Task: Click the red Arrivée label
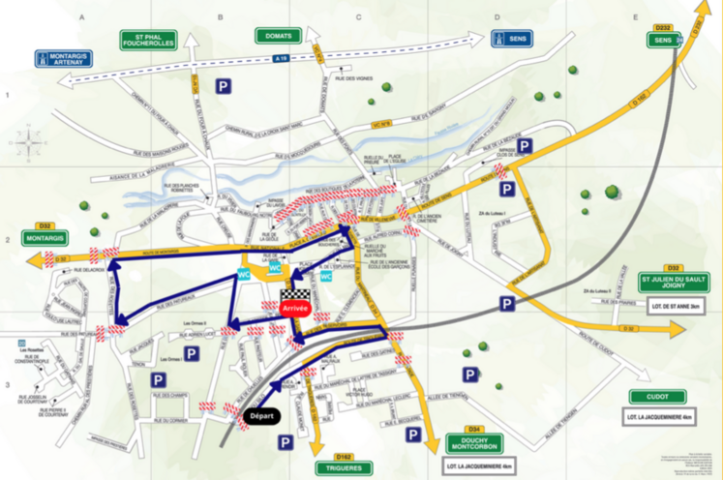click(x=294, y=307)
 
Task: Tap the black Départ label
click(x=262, y=417)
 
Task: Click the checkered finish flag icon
click(x=293, y=295)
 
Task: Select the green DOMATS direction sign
click(x=277, y=36)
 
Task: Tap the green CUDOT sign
click(x=657, y=397)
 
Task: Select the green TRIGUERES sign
click(x=343, y=468)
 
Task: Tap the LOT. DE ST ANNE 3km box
click(x=674, y=308)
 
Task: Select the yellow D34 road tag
click(x=474, y=428)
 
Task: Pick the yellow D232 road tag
click(x=662, y=27)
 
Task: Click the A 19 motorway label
click(x=280, y=59)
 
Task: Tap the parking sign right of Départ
click(x=286, y=441)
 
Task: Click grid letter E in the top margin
click(x=636, y=17)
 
